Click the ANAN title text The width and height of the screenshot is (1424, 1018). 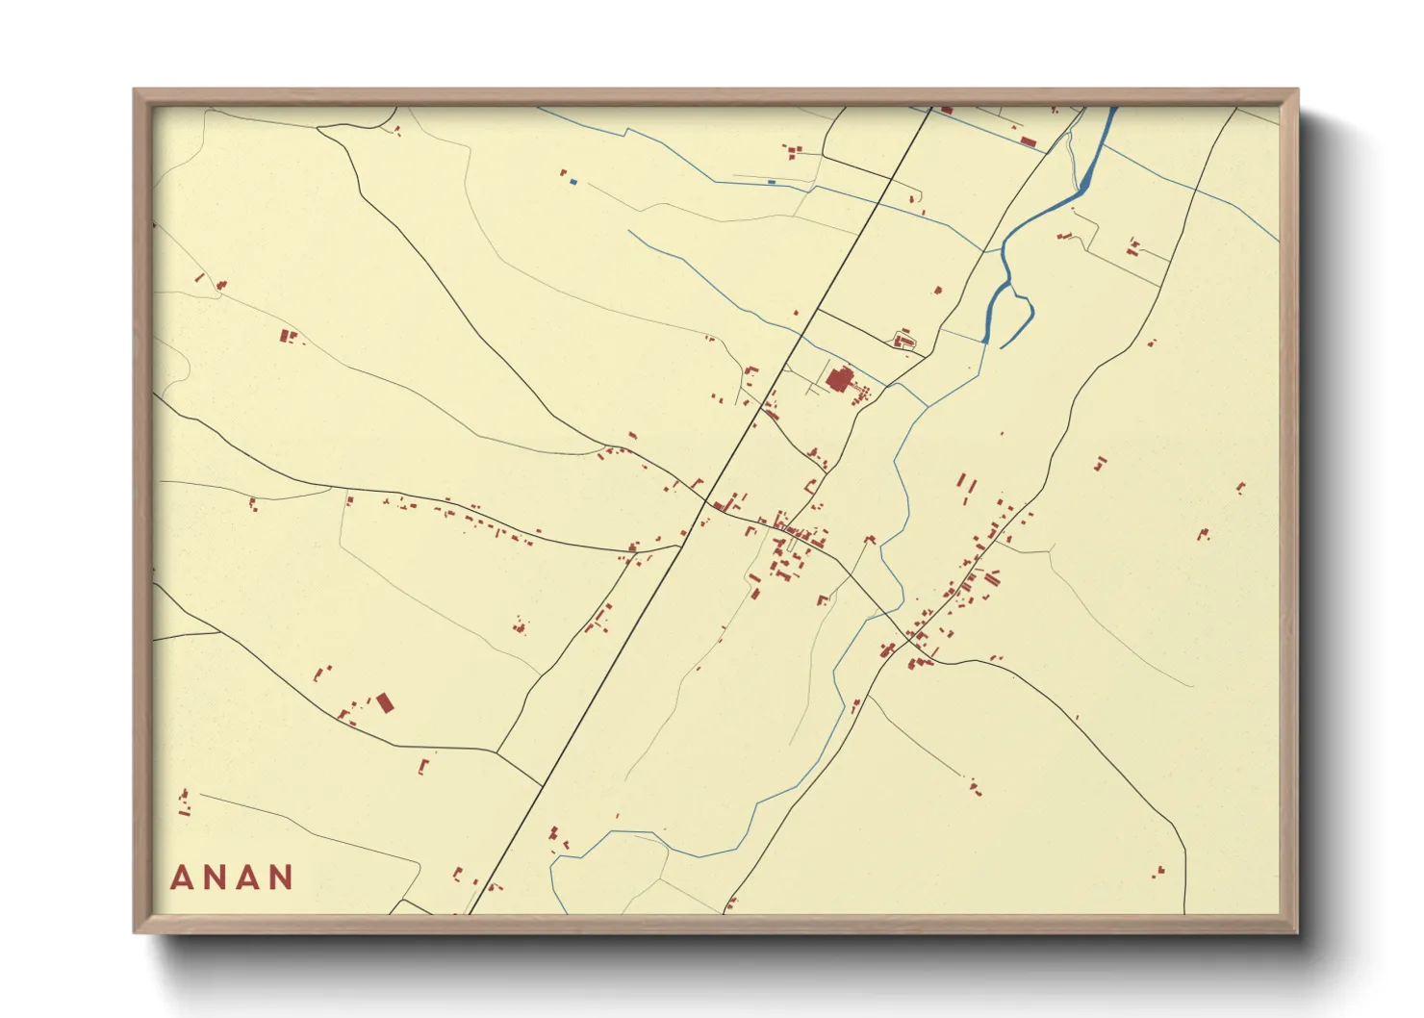point(232,878)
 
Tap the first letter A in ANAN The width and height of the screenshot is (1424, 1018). point(181,878)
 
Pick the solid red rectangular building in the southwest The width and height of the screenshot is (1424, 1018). point(385,702)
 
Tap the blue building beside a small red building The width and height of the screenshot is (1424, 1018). point(573,181)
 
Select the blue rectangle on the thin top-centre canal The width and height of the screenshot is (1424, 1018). point(772,181)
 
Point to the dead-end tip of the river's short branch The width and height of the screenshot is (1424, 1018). point(1002,346)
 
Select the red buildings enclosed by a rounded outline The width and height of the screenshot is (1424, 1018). point(903,340)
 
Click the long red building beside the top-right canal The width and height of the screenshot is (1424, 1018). point(1028,142)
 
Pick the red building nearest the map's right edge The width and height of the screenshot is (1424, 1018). point(1240,488)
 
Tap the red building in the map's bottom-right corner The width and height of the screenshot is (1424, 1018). point(1158,872)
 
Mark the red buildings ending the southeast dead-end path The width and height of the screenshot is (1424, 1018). point(975,787)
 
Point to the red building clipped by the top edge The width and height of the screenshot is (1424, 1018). point(946,111)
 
